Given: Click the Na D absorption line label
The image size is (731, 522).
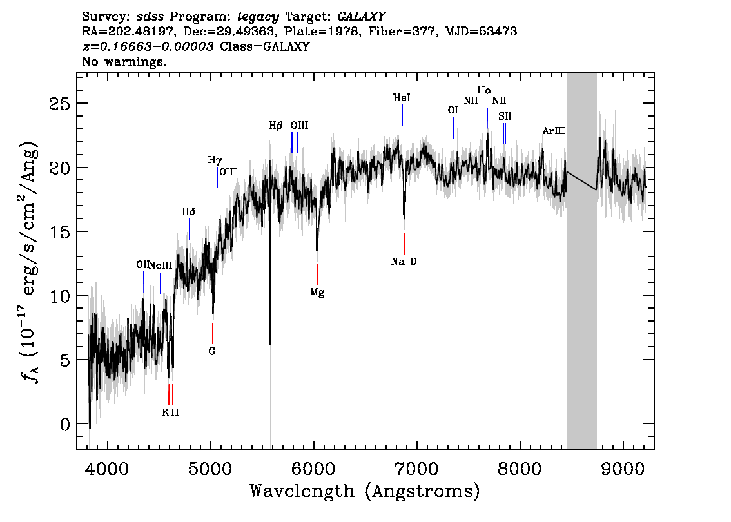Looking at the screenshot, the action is pos(404,262).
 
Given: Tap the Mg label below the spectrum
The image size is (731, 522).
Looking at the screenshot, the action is pos(317,293).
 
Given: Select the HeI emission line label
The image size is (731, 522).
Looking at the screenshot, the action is pos(402,97).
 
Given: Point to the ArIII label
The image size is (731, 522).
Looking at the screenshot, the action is pos(553,131).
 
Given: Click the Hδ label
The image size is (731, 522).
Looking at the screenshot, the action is pos(188,212).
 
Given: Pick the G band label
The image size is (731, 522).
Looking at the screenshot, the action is pos(211,351).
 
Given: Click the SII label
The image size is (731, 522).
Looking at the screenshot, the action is pos(505,116).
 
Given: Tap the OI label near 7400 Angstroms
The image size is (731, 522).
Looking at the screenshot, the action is pos(453,110).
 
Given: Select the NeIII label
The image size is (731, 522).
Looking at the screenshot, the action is pos(161,266).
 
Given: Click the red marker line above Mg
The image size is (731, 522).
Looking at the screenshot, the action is pos(318,274).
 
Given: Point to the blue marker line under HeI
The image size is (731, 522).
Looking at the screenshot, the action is pos(402,115).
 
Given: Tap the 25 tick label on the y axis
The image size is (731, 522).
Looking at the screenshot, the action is pos(59,104).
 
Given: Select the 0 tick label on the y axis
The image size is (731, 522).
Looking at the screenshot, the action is pos(65,424).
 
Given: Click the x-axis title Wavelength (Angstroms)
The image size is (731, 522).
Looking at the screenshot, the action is pos(365,492).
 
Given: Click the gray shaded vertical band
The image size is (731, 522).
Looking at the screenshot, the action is pos(581,261).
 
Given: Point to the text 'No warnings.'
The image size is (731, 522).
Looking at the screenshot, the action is pos(124,61).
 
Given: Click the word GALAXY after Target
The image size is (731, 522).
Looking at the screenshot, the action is pos(361,17).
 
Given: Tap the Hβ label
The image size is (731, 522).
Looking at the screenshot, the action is pos(275,126).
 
